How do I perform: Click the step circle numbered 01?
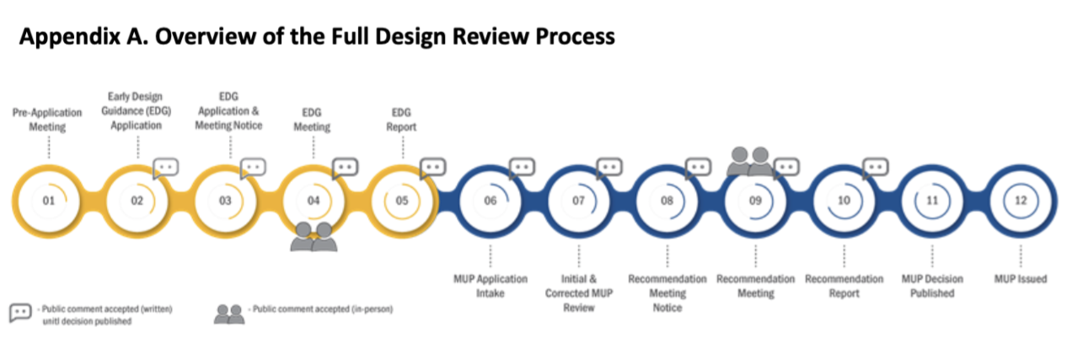(x=48, y=201)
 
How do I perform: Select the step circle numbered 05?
(x=402, y=201)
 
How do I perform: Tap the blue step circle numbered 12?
(x=1021, y=201)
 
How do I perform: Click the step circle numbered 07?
(x=578, y=201)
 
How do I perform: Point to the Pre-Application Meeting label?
(x=48, y=120)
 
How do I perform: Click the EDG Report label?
(x=402, y=120)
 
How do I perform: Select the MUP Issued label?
(x=1020, y=279)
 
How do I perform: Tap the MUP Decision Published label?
(x=932, y=286)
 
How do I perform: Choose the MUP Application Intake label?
(x=490, y=286)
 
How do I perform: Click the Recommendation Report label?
(x=844, y=286)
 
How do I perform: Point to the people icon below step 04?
(x=313, y=238)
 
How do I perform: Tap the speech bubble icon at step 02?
(x=166, y=167)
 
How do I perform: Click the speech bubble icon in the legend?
(x=20, y=313)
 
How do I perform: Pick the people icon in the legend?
(x=228, y=314)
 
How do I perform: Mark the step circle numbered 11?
(x=932, y=201)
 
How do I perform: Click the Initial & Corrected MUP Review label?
(x=578, y=293)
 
